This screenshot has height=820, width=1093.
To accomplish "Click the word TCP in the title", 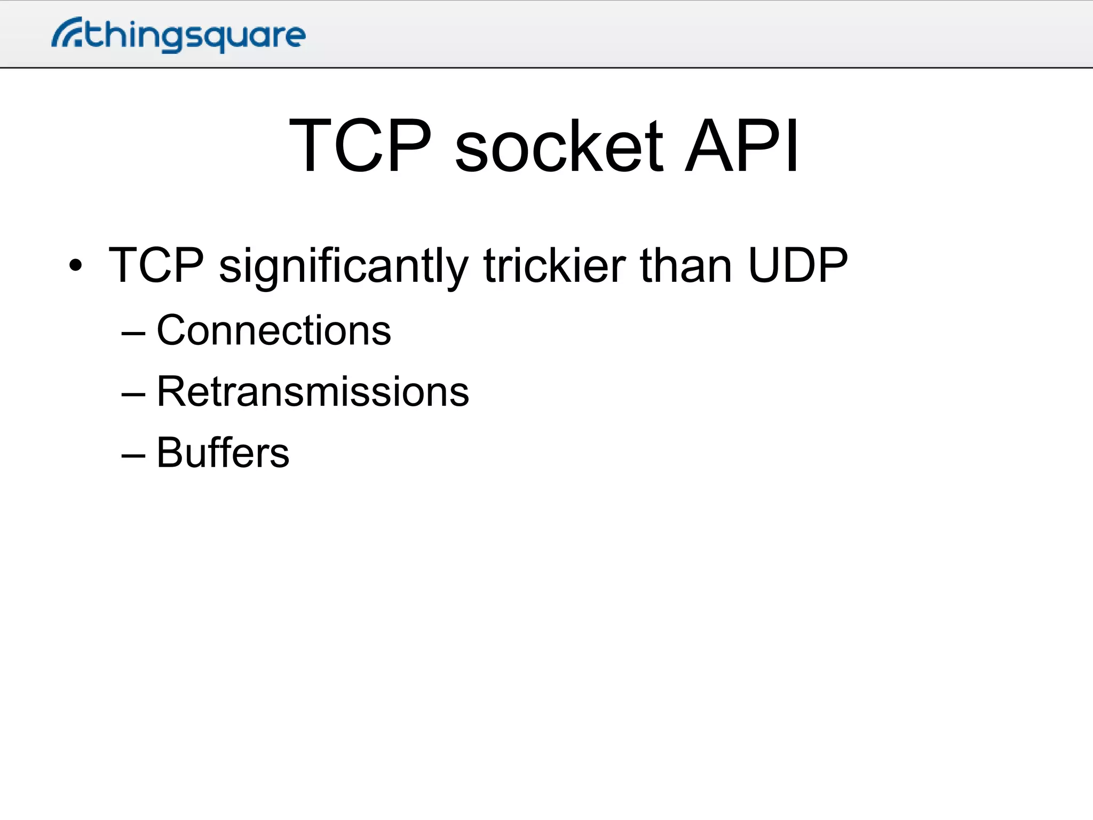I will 360,146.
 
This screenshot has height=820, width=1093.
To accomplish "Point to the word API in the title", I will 742,146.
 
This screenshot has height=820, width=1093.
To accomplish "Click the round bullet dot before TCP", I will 76,265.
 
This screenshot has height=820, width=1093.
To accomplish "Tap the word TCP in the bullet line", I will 156,265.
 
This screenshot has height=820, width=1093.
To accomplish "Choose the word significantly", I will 344,267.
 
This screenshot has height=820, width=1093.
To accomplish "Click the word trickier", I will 555,265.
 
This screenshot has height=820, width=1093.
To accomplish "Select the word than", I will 686,265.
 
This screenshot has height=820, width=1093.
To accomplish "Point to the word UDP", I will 797,265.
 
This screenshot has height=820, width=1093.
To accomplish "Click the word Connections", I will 274,330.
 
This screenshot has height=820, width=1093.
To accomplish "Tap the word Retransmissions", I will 313,392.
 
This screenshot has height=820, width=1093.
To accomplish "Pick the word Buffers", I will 223,453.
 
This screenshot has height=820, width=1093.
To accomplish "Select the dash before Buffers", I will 133,455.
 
